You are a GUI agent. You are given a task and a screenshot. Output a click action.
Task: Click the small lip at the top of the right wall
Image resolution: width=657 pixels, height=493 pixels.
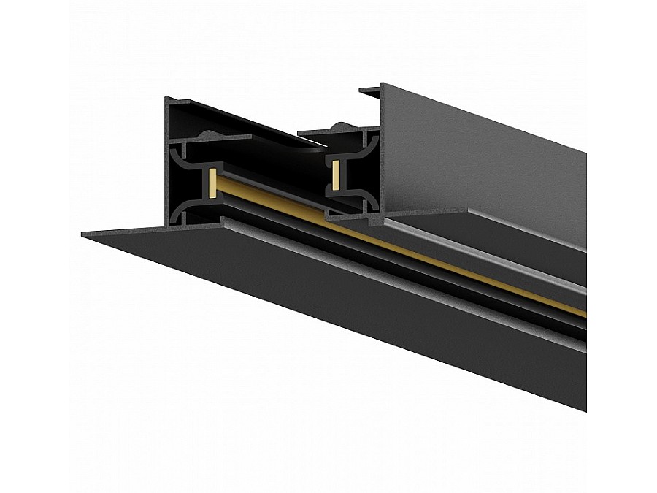pyautogui.click(x=370, y=91)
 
